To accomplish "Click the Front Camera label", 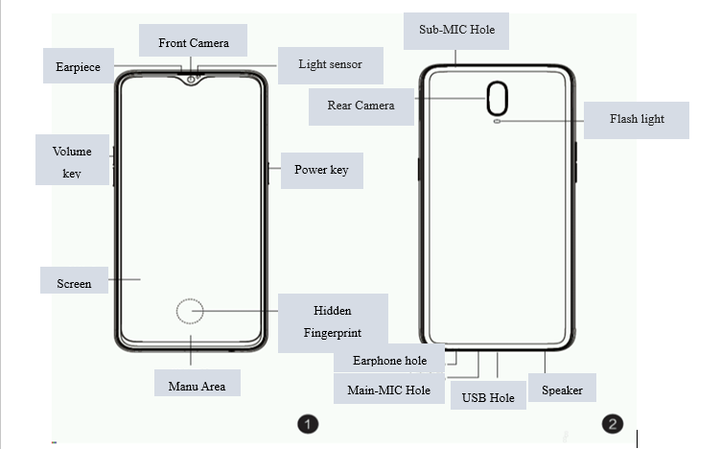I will coord(195,42).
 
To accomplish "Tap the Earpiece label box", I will coord(78,67).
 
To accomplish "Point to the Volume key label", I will coord(72,160).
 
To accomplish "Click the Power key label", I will coord(321,170).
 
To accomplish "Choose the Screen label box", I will coord(74,282).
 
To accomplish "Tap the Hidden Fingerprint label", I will coord(333,321).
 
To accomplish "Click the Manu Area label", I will coord(197,386).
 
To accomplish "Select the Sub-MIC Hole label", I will coord(456,30).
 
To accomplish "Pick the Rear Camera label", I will coord(360,106).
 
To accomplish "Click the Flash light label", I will coord(637,119).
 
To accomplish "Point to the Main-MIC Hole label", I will coord(388,390).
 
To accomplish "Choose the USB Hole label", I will coord(488,396).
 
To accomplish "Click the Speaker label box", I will coord(562,390).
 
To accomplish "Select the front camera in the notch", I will coord(192,78).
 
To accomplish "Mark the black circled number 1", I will coord(307,424).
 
